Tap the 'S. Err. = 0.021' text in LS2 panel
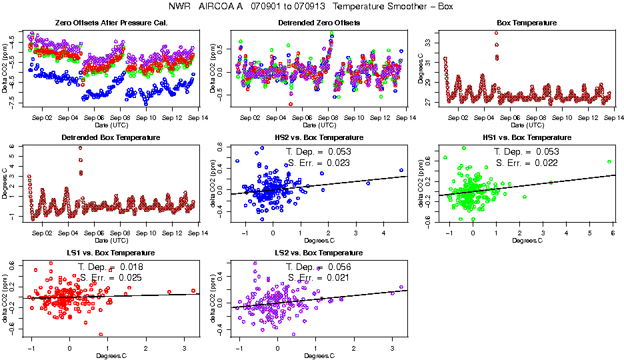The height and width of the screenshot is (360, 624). [318, 277]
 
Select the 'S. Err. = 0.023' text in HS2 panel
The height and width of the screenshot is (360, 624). [318, 163]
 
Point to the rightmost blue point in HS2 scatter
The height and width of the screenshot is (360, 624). [401, 171]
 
